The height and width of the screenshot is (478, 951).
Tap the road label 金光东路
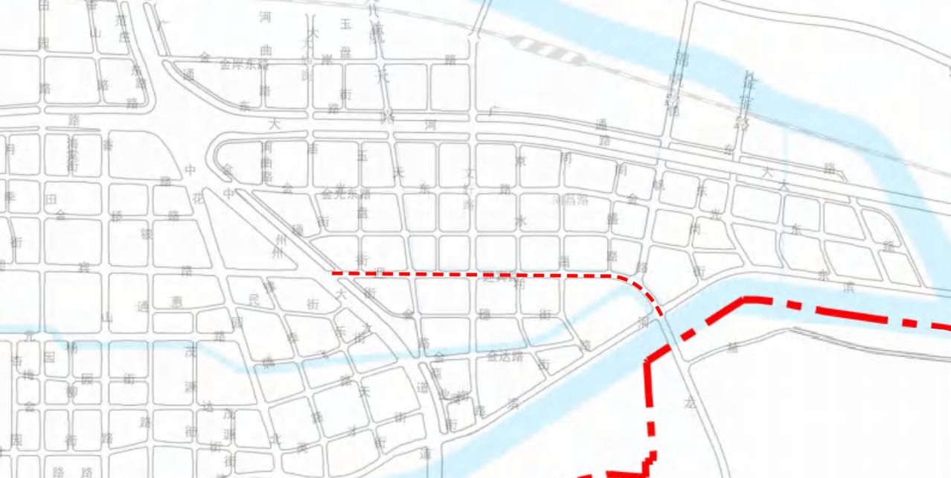[x=346, y=194]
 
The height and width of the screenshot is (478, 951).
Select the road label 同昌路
[x=571, y=200]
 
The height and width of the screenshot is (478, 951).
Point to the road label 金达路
[x=505, y=357]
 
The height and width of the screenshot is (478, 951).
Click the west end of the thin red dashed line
[x=333, y=274]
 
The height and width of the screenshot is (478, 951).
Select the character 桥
[x=117, y=216]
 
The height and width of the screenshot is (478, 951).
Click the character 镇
[x=147, y=234]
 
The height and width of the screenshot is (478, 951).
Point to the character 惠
[x=176, y=302]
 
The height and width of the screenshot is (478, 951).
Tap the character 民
[x=254, y=301]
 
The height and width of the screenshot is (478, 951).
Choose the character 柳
[x=71, y=391]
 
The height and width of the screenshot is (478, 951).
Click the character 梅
[x=28, y=375]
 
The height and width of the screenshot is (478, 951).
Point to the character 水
[x=521, y=220]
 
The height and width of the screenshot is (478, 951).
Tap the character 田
[x=51, y=200]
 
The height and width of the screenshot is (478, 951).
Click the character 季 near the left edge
[x=10, y=197]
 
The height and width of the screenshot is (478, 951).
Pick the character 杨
[x=72, y=347]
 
